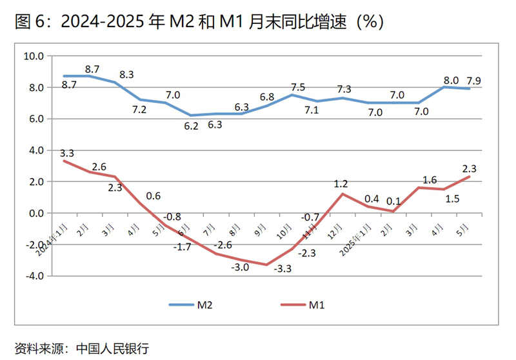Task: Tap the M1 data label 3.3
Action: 67,153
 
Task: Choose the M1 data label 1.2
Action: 341,185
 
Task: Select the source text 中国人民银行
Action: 113,348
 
